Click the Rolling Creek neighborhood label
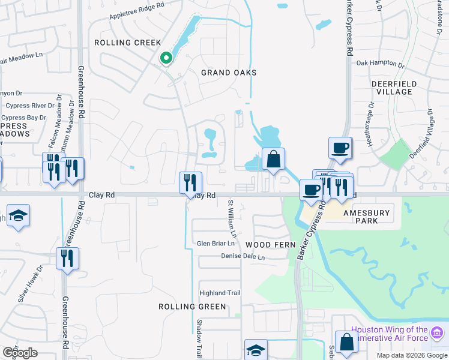[128, 43]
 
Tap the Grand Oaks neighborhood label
[228, 73]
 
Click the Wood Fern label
[271, 245]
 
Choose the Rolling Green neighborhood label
[192, 307]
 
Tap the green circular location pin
[166, 58]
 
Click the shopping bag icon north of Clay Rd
[273, 160]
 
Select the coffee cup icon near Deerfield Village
[340, 148]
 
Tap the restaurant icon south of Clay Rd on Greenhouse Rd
[67, 259]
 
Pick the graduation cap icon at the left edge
[18, 216]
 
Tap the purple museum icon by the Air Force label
[437, 332]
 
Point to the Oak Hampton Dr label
[381, 63]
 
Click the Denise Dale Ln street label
[242, 257]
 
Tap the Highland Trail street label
[220, 293]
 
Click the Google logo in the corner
[20, 353]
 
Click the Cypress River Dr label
[26, 106]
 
